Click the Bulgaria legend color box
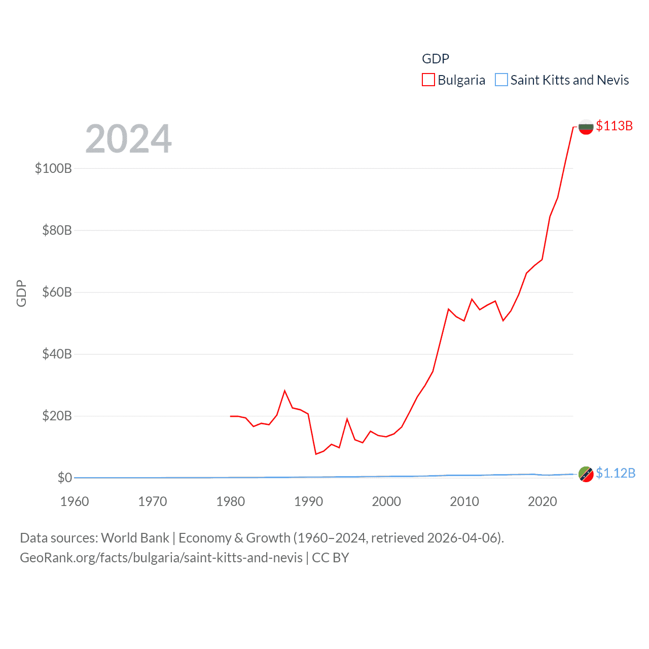tap(428, 80)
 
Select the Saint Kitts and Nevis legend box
tap(501, 80)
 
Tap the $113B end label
tap(614, 126)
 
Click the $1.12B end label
tap(615, 473)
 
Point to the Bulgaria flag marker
tap(586, 127)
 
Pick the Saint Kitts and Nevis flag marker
tap(586, 474)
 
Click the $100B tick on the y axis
tap(53, 168)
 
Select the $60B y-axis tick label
tap(57, 292)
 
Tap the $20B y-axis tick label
tap(57, 416)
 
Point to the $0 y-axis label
tap(64, 478)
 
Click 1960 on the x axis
tap(75, 501)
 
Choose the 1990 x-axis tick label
tap(308, 501)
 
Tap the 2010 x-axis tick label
tap(464, 501)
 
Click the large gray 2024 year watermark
tap(128, 139)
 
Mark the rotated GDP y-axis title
tap(21, 293)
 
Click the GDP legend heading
tap(435, 59)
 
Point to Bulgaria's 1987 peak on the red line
tap(285, 390)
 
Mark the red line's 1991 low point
tap(316, 454)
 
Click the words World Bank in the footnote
tap(135, 537)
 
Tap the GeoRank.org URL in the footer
tap(161, 558)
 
